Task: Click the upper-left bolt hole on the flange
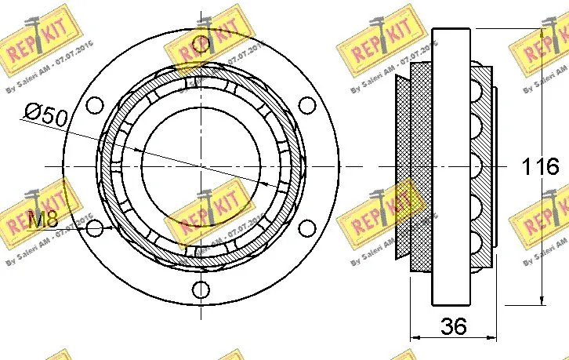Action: (x=95, y=105)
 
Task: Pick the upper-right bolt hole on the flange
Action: (x=306, y=105)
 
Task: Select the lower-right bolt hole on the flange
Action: (x=306, y=227)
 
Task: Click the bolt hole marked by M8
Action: (x=95, y=228)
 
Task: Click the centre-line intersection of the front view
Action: (x=201, y=166)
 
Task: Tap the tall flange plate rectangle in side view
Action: (x=451, y=166)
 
